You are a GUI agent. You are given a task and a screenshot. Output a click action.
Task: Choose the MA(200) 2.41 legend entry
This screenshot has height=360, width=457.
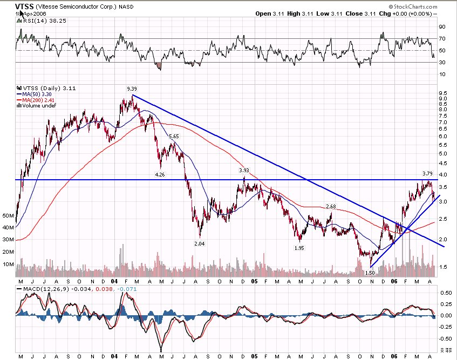pyautogui.click(x=38, y=100)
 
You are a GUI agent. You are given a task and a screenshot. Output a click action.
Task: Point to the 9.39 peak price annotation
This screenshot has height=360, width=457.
pyautogui.click(x=132, y=88)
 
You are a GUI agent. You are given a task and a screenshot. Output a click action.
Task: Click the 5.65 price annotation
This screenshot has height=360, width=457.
pyautogui.click(x=174, y=137)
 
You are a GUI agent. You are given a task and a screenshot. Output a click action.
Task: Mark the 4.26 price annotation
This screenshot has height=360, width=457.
pyautogui.click(x=160, y=174)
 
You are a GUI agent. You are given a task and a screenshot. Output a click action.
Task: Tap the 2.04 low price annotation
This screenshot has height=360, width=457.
pyautogui.click(x=199, y=243)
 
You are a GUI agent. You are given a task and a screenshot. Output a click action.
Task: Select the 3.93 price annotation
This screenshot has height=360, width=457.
pyautogui.click(x=244, y=170)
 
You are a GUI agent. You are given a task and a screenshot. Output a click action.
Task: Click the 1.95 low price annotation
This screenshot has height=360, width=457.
pyautogui.click(x=299, y=248)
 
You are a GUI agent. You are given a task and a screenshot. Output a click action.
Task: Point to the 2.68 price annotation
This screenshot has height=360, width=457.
pyautogui.click(x=331, y=207)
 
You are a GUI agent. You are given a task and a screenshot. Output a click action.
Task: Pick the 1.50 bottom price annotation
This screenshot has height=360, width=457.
pyautogui.click(x=370, y=273)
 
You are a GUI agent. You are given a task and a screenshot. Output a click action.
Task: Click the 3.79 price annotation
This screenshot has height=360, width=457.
pyautogui.click(x=427, y=173)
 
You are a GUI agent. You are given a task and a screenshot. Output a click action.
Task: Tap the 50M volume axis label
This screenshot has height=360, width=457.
pyautogui.click(x=8, y=215)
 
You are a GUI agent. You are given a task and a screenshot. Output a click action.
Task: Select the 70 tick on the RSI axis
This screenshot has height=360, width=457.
pyautogui.click(x=441, y=38)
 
